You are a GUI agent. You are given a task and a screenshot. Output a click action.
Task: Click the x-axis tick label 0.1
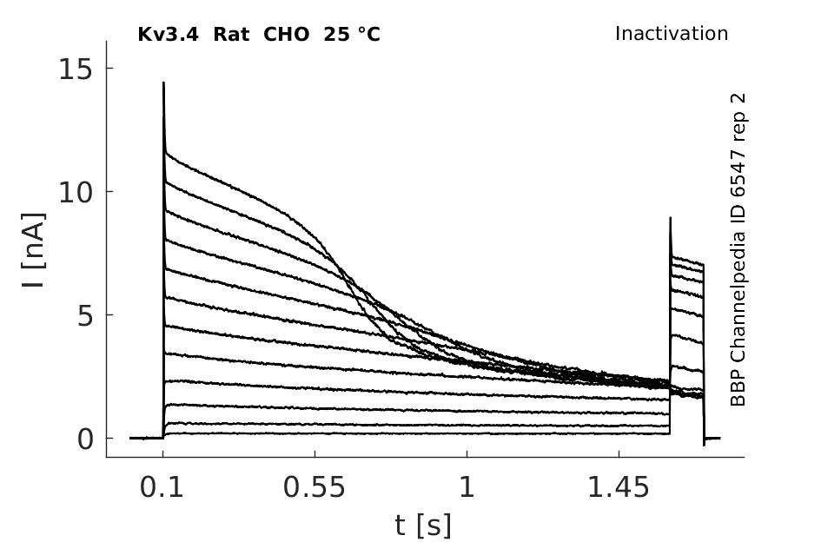pyautogui.click(x=162, y=487)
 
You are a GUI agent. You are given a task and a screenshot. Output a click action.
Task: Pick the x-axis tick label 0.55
pyautogui.click(x=314, y=487)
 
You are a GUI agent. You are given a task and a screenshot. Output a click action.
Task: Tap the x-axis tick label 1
pyautogui.click(x=467, y=487)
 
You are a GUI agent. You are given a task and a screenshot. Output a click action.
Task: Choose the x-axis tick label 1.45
pyautogui.click(x=619, y=487)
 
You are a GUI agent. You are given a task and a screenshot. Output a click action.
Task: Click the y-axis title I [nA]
pyautogui.click(x=35, y=250)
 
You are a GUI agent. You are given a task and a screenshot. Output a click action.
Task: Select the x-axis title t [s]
pyautogui.click(x=422, y=525)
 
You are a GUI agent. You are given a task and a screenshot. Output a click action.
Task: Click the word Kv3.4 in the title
pyautogui.click(x=168, y=35)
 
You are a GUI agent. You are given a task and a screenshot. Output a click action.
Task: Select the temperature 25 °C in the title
pyautogui.click(x=352, y=35)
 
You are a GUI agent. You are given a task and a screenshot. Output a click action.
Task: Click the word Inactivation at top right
pyautogui.click(x=672, y=34)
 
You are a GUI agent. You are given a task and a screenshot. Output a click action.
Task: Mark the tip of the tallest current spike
pyautogui.click(x=163, y=83)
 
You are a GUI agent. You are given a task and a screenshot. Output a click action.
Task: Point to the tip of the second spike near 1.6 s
pyautogui.click(x=670, y=218)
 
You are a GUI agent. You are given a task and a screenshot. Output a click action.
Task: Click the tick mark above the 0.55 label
pyautogui.click(x=314, y=453)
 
